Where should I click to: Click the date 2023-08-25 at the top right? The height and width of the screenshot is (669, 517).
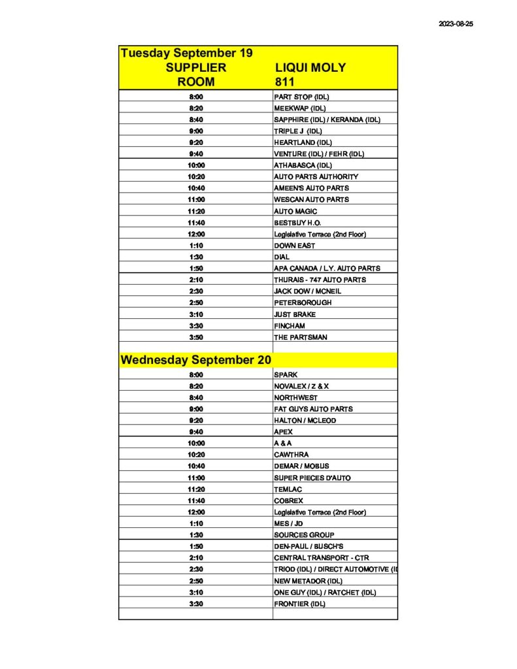coord(456,24)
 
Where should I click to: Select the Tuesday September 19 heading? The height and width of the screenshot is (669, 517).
coord(186,53)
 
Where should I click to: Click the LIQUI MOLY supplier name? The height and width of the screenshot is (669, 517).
coord(310,68)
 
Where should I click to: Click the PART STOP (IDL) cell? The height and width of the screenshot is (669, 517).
coord(301,97)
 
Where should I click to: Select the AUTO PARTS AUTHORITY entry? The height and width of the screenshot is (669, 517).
coord(316,176)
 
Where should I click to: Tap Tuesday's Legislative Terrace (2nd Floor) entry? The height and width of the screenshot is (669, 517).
coord(320,234)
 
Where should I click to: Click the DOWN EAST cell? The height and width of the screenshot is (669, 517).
coord(294,246)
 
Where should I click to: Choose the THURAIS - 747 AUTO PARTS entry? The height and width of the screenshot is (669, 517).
coord(320,280)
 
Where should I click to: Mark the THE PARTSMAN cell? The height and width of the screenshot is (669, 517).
coord(301,337)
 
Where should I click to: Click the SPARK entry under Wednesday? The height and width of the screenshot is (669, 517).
coord(286,375)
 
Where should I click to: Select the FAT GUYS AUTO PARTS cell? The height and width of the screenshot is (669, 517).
coord(313,409)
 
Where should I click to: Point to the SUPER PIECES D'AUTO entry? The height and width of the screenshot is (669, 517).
coord(312,478)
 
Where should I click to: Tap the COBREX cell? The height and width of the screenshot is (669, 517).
coord(289,500)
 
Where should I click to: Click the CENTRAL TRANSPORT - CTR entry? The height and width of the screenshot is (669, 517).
coord(322,558)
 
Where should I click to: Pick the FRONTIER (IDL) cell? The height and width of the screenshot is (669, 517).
coord(299,604)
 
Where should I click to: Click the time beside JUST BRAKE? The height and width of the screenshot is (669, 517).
coord(196,314)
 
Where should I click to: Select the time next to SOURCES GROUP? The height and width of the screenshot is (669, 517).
coord(196,535)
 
